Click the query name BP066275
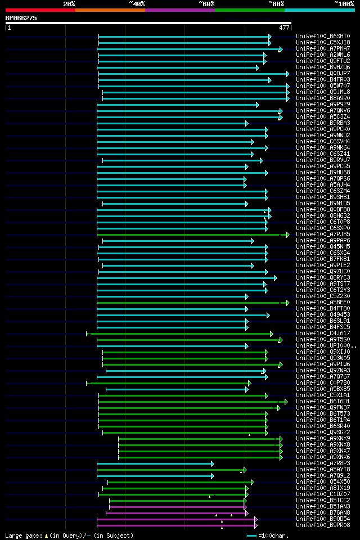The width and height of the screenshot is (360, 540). (21, 18)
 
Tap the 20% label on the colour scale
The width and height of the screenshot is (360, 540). (69, 4)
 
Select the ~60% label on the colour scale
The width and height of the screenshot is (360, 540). (206, 4)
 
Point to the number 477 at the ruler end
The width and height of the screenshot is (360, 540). (284, 28)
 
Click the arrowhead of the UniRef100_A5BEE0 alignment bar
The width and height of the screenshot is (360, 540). (287, 302)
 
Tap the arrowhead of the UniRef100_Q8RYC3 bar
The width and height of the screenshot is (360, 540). (275, 277)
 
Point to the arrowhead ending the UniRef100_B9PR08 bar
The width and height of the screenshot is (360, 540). (256, 525)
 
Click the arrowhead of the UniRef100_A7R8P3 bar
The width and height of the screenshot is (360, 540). (212, 463)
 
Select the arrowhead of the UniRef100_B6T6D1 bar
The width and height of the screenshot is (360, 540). (286, 401)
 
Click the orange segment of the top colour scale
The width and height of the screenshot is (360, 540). (110, 10)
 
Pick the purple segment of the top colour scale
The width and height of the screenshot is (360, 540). (179, 10)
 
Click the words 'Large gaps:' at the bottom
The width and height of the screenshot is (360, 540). (22, 535)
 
